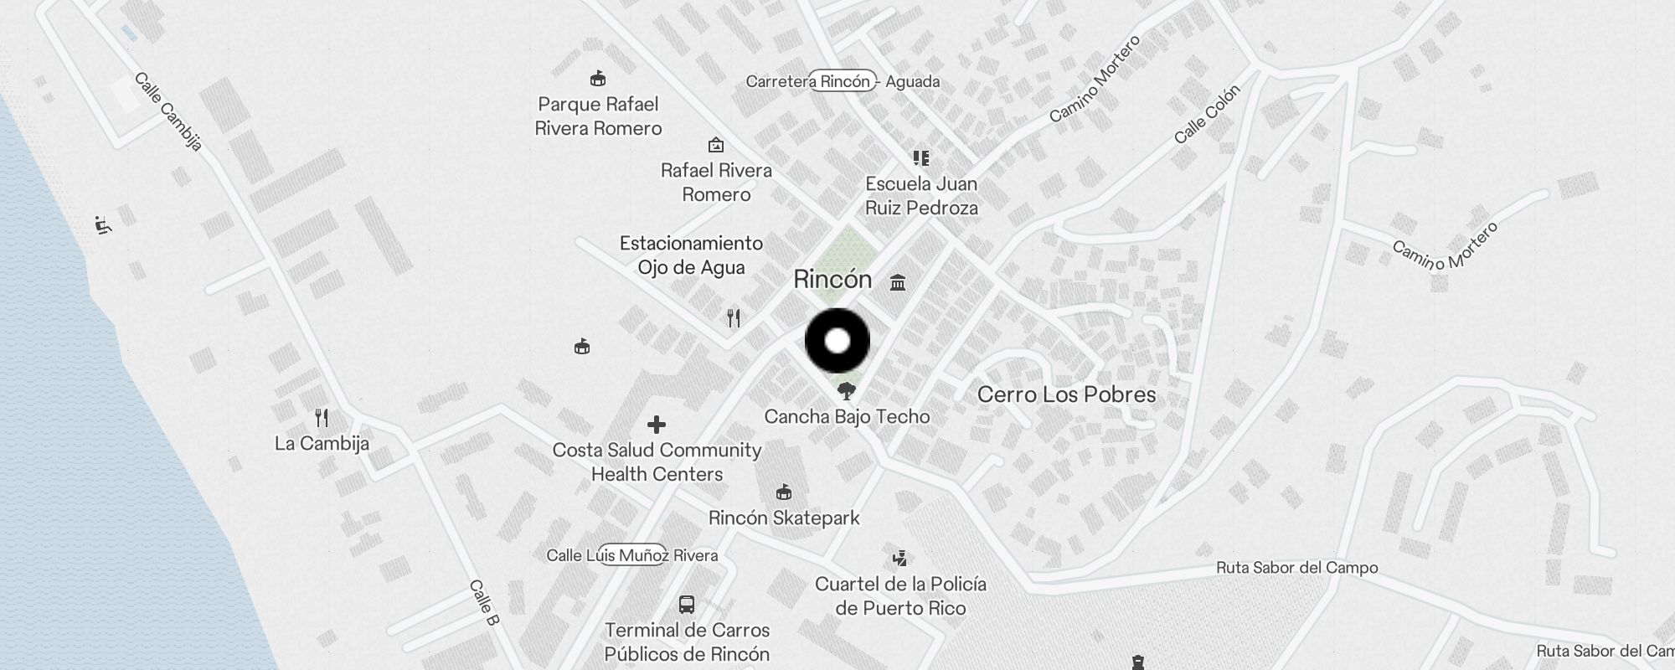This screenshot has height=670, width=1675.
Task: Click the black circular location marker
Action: click(837, 341)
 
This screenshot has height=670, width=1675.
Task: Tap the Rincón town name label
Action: click(832, 280)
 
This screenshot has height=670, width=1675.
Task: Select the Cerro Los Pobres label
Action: click(1066, 394)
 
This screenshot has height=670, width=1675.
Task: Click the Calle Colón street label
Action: click(1206, 115)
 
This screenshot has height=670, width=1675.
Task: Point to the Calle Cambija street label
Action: click(168, 112)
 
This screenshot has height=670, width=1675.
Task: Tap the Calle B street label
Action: click(484, 602)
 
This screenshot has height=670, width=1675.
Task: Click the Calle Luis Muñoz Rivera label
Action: click(632, 555)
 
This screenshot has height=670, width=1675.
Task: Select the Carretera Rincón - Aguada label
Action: click(843, 81)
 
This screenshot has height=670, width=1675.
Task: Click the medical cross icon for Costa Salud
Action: click(657, 425)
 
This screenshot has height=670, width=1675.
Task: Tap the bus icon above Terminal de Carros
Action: click(687, 605)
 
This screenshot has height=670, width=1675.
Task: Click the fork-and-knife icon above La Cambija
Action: click(322, 417)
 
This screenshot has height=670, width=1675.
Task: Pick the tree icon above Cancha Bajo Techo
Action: click(847, 390)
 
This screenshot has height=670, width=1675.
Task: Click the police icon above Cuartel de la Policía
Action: click(900, 558)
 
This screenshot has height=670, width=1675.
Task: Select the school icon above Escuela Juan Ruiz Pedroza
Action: click(921, 158)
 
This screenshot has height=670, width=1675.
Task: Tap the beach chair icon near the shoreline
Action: click(103, 224)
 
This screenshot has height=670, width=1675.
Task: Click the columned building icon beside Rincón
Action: click(898, 282)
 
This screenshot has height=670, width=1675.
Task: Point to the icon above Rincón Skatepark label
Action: click(784, 492)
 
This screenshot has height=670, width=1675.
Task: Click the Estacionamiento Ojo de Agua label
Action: click(691, 255)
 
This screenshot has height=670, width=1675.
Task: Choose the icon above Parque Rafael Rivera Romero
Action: click(598, 80)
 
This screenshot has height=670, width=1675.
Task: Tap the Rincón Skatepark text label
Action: click(784, 518)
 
